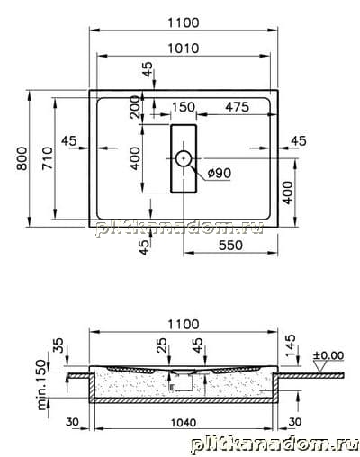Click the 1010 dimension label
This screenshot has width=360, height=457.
pyautogui.click(x=183, y=49)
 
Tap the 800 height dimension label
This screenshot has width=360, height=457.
pyautogui.click(x=22, y=158)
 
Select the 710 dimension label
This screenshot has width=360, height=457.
pyautogui.click(x=48, y=157)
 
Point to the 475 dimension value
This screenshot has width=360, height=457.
pyautogui.click(x=237, y=107)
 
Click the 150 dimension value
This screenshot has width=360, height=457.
pyautogui.click(x=184, y=107)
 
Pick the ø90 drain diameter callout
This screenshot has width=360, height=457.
pyautogui.click(x=220, y=173)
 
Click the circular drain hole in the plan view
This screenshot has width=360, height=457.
pyautogui.click(x=184, y=158)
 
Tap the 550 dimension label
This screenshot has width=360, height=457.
pyautogui.click(x=230, y=246)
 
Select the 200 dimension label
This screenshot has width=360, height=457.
pyautogui.click(x=136, y=107)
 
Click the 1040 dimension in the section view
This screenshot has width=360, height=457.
pyautogui.click(x=184, y=423)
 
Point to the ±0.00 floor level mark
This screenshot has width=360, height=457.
pyautogui.click(x=328, y=355)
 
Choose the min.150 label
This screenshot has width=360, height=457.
pyautogui.click(x=42, y=385)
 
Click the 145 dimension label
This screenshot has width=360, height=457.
pyautogui.click(x=291, y=345)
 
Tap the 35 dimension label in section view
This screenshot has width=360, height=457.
pyautogui.click(x=58, y=345)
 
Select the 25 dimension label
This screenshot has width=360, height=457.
pyautogui.click(x=161, y=345)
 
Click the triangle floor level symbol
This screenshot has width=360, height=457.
pyautogui.click(x=319, y=365)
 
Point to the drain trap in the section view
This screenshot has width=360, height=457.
pyautogui.click(x=183, y=381)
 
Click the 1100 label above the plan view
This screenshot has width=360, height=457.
pyautogui.click(x=183, y=22)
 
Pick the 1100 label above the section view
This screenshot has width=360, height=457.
pyautogui.click(x=183, y=325)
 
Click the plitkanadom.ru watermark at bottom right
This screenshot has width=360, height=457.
pyautogui.click(x=274, y=444)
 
